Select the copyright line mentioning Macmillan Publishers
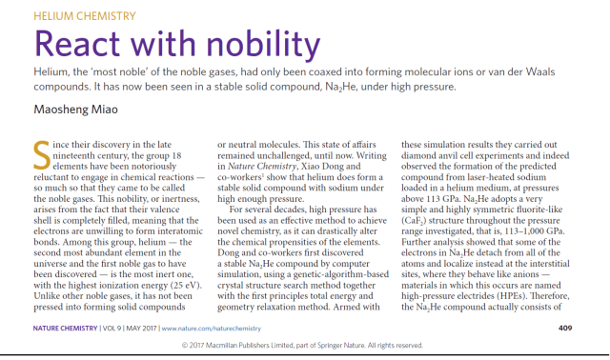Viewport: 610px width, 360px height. [304, 345]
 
